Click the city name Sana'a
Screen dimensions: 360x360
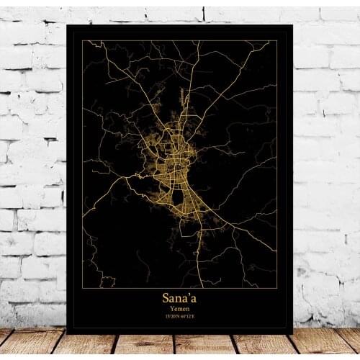(x=179, y=297)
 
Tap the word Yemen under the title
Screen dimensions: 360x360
(x=179, y=308)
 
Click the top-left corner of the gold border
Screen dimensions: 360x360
(x=82, y=40)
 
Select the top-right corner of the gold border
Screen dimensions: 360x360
(x=277, y=40)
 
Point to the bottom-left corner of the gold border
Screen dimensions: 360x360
(x=82, y=288)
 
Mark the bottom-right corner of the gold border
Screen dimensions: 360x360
(x=277, y=288)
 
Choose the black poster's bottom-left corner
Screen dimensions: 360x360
(x=66, y=333)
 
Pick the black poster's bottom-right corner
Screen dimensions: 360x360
(x=293, y=333)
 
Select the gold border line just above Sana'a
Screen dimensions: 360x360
(x=179, y=288)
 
